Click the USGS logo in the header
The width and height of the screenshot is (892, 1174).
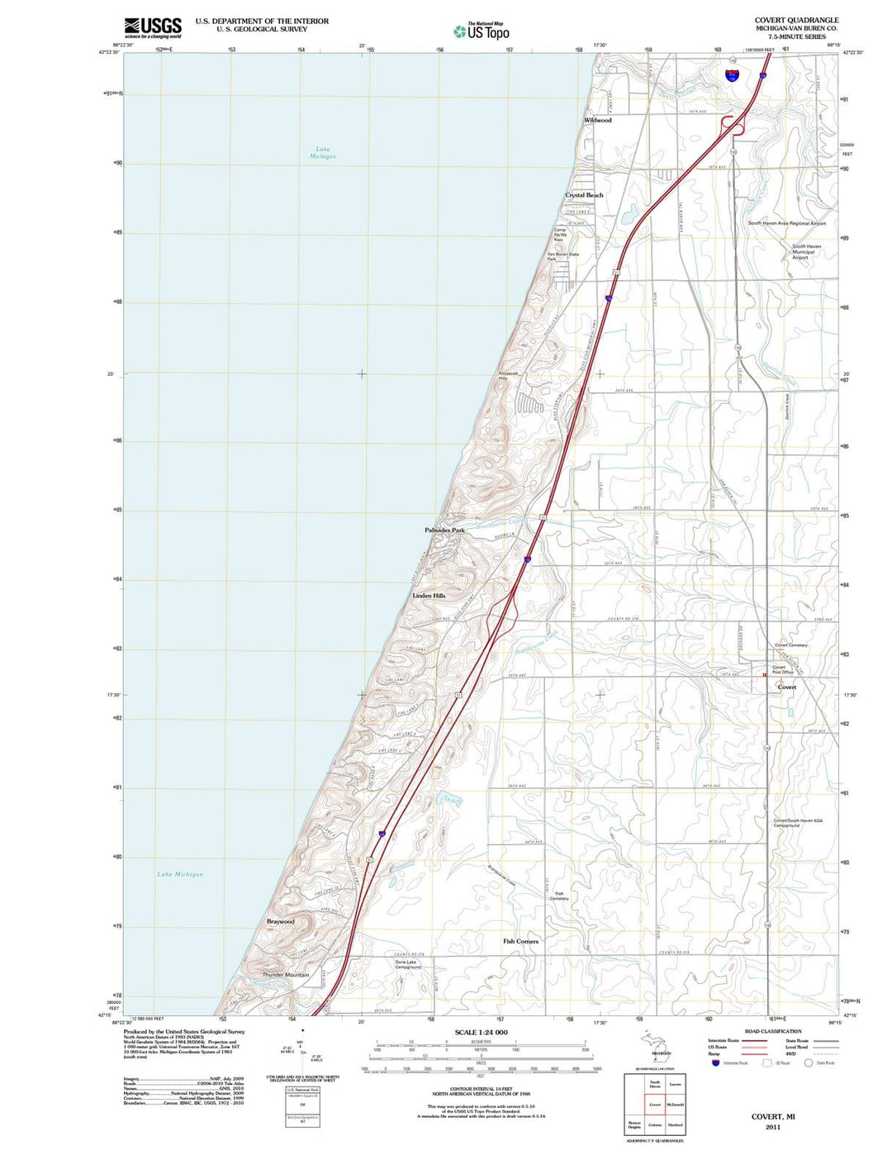point(153,28)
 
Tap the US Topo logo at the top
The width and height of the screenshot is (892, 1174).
point(482,31)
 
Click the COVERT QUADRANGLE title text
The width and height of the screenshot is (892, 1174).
point(796,20)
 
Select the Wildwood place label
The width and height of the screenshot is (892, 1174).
point(598,121)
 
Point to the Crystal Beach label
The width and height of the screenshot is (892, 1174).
point(584,196)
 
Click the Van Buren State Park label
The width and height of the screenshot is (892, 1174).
point(563,257)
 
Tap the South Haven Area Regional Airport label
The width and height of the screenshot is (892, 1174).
point(786,223)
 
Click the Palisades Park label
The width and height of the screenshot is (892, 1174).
point(444,530)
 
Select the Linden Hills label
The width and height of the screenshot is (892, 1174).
point(429,596)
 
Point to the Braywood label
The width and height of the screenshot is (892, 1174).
point(280,921)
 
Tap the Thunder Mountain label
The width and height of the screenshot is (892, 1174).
point(286,975)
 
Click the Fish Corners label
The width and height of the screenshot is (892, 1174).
point(520,941)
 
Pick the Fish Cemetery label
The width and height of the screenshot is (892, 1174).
point(559,896)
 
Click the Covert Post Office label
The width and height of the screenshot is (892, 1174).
point(782,670)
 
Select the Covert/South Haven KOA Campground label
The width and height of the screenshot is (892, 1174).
point(798,823)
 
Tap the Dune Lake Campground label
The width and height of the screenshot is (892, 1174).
point(408,964)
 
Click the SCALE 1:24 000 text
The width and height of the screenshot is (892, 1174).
point(481,1033)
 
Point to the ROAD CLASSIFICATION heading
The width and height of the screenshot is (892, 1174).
point(772,1031)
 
